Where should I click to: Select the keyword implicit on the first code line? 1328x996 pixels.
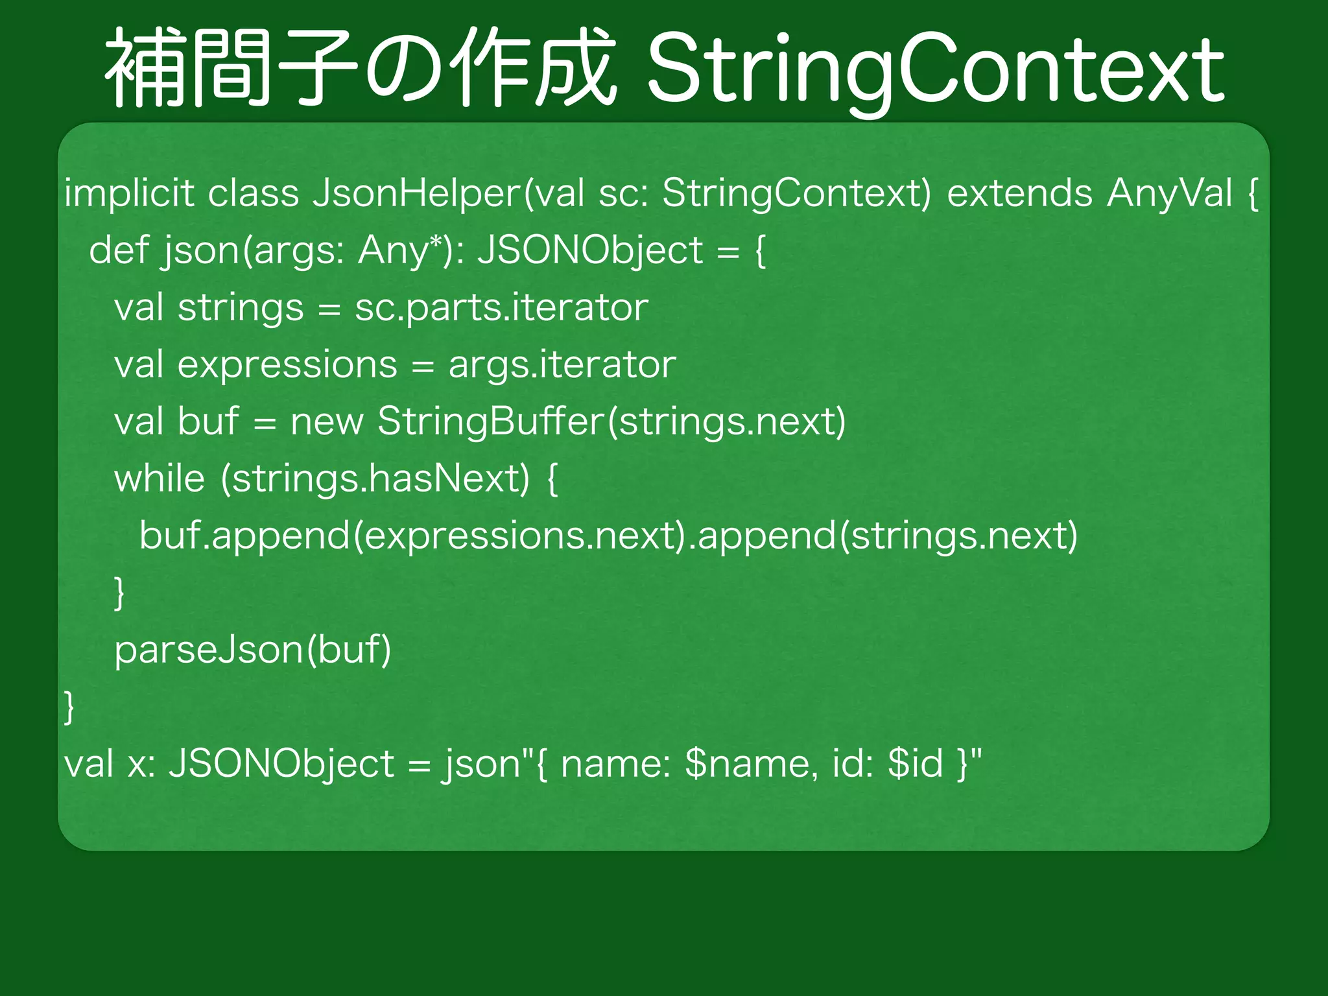129,193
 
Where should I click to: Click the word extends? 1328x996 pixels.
1019,193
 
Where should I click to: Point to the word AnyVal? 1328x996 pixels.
1169,193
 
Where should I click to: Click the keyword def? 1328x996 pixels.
119,250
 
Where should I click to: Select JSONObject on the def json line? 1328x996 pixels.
590,250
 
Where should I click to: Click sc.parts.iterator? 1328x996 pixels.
501,307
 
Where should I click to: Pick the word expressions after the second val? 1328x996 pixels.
287,364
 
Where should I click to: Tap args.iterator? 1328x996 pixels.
562,364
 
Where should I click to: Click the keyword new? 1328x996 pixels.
327,421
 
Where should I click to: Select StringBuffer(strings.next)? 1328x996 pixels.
611,421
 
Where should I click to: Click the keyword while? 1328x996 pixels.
160,479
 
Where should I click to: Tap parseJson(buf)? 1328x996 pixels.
253,650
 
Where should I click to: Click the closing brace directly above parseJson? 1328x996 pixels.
119,593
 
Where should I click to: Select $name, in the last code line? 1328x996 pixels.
751,764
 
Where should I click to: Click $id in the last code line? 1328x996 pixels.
915,764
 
